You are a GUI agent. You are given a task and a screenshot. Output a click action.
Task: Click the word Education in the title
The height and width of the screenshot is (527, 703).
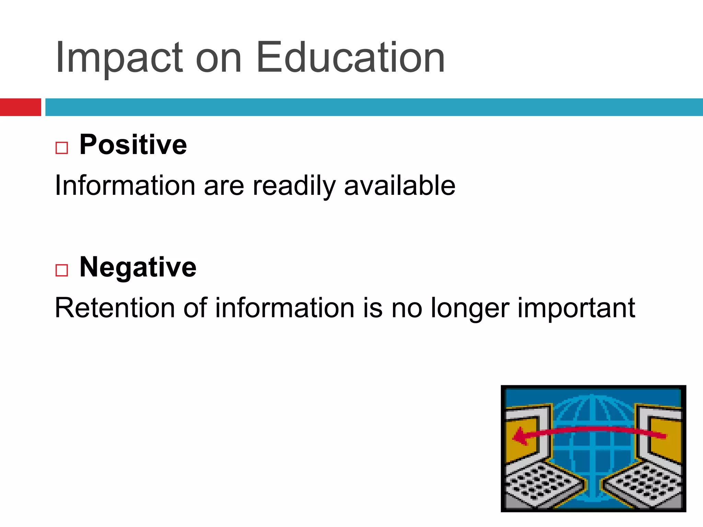click(x=350, y=58)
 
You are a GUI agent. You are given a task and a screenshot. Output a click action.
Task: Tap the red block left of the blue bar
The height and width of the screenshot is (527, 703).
click(x=20, y=107)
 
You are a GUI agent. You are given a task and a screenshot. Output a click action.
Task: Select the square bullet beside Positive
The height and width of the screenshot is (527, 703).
click(x=62, y=148)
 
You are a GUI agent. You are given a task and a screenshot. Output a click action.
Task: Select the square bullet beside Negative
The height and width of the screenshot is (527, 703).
click(x=62, y=270)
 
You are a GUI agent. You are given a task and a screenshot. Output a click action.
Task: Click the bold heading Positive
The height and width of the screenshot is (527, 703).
click(x=133, y=145)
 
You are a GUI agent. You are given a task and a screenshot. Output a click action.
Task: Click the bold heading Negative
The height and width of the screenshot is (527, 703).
click(x=138, y=267)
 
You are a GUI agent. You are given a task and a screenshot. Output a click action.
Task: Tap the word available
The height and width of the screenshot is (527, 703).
click(x=400, y=185)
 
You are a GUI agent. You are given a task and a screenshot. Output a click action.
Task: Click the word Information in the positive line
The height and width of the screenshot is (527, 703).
click(x=125, y=185)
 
